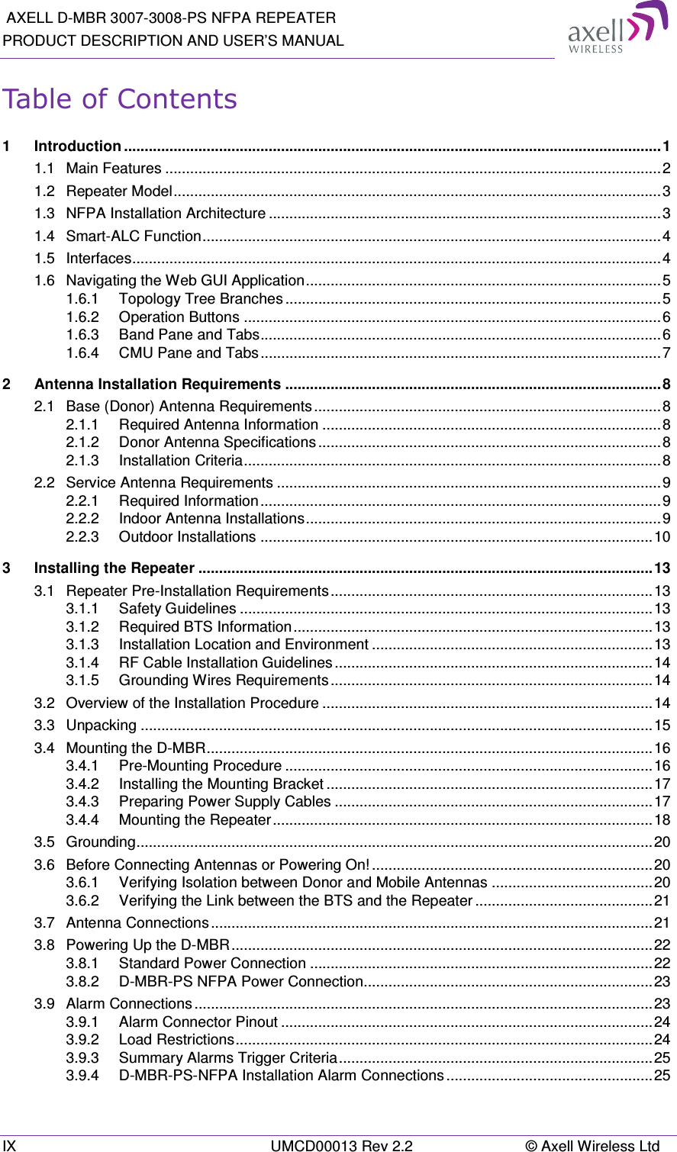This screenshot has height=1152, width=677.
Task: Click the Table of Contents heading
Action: coord(120,99)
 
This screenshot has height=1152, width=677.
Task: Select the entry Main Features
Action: coord(114,169)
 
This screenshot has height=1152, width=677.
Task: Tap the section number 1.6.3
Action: coord(82,335)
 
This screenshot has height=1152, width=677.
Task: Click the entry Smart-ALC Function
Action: coord(134,237)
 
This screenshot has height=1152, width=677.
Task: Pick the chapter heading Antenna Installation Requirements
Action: coord(157,385)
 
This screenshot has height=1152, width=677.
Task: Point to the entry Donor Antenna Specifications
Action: coord(217,442)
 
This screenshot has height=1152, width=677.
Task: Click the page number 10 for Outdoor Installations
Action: coord(661,537)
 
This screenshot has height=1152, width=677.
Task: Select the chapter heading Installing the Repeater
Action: coord(114,568)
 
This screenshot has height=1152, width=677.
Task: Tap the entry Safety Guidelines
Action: coord(177,609)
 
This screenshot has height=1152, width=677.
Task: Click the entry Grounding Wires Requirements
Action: coord(223,681)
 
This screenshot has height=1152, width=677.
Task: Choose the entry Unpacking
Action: coord(102,726)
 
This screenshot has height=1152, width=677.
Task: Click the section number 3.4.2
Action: coord(82,784)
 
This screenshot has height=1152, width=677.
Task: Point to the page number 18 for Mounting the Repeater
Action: coord(661,820)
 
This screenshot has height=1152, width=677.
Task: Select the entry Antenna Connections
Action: coord(137,923)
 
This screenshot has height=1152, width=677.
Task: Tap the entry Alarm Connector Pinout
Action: coord(198,1022)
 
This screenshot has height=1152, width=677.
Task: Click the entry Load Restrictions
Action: coord(176,1040)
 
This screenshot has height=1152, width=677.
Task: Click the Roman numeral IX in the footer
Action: coord(9,1145)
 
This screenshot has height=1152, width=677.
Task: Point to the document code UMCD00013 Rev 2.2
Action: coord(342,1145)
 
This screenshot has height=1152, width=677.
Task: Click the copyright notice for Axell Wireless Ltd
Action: coord(592,1145)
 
